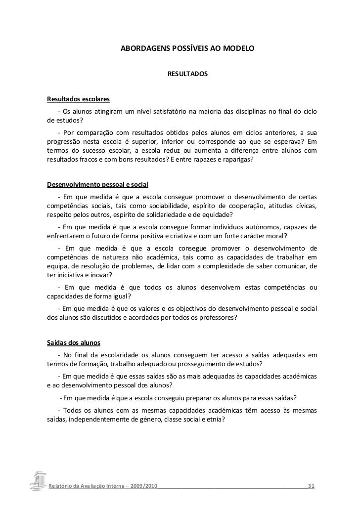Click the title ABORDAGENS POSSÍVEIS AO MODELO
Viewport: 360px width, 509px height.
point(187,50)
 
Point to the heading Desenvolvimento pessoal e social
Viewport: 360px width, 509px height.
point(97,185)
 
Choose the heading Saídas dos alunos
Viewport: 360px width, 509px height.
point(73,342)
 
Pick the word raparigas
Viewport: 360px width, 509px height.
point(233,161)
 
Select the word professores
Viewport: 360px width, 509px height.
point(218,317)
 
